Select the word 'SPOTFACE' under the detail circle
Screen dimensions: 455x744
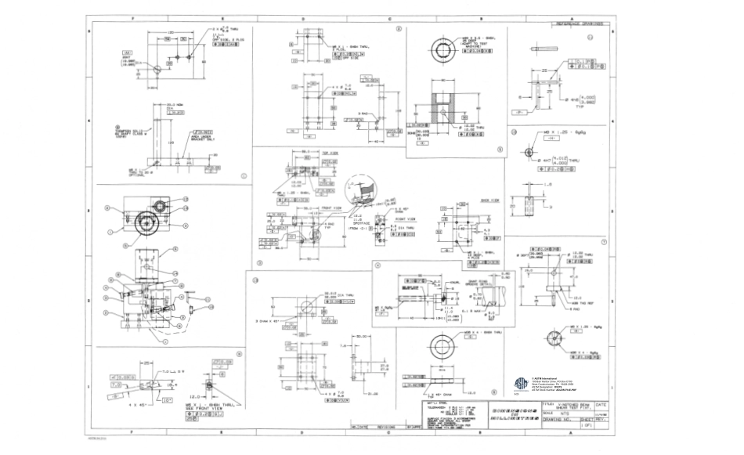click(362, 221)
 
